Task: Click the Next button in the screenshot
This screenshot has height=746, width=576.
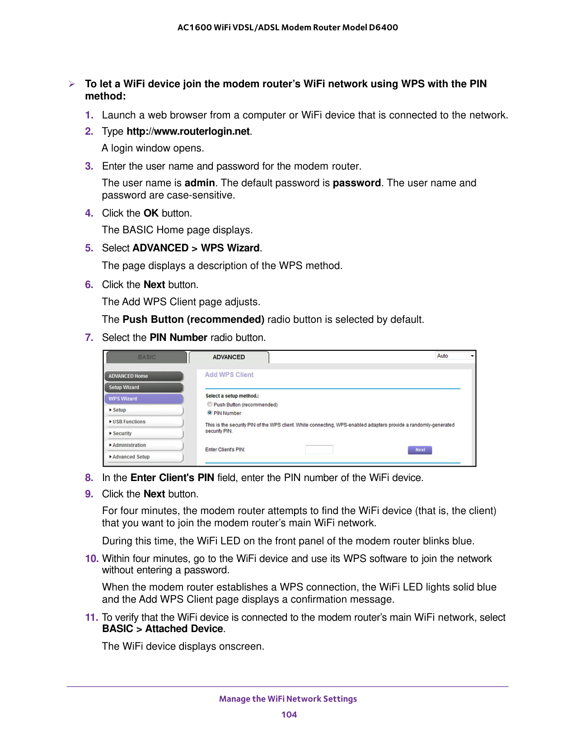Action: pos(420,450)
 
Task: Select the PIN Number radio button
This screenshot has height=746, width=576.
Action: pos(210,413)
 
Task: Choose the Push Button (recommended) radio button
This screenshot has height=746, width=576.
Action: pos(210,404)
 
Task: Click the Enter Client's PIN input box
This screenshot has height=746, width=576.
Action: pos(319,449)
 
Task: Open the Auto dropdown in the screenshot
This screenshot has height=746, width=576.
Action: pos(455,356)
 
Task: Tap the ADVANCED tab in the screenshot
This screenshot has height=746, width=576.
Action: pos(229,357)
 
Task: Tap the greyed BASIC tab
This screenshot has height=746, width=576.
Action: pos(147,357)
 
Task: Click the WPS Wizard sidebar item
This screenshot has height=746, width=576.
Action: pos(144,399)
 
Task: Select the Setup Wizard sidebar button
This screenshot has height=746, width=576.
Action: pos(144,387)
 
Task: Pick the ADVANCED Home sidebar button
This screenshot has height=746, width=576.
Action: pos(144,376)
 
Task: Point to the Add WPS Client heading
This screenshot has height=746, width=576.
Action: pos(229,375)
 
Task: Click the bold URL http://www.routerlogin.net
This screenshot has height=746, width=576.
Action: pos(188,132)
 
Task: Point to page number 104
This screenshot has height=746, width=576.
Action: pos(289,715)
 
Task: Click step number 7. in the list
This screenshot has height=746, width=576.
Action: pos(89,338)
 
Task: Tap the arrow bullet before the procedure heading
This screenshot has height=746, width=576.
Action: pos(72,84)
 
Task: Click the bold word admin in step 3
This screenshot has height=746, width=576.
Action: pos(200,183)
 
